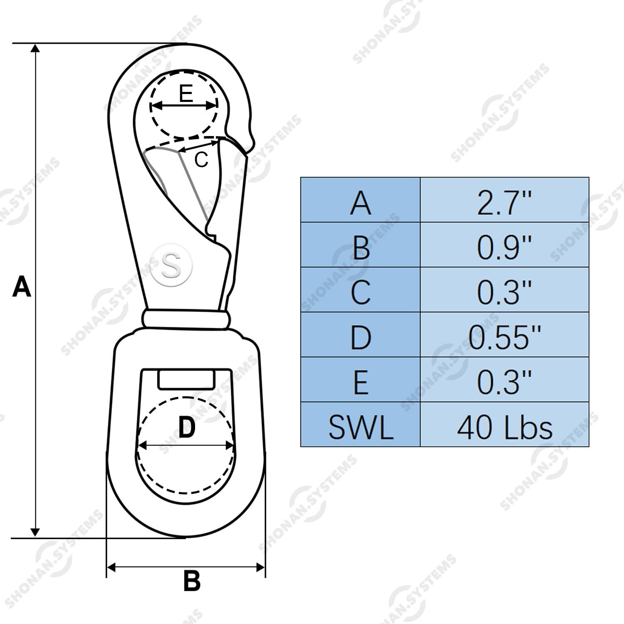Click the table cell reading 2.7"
tap(505, 200)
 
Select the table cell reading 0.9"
tap(505, 245)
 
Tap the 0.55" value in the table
tap(505, 334)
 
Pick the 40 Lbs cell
tap(505, 424)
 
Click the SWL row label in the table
tap(360, 424)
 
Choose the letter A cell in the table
tap(360, 200)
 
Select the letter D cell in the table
tap(360, 334)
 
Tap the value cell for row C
tap(505, 290)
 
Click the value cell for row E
tap(505, 379)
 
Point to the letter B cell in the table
tap(360, 245)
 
